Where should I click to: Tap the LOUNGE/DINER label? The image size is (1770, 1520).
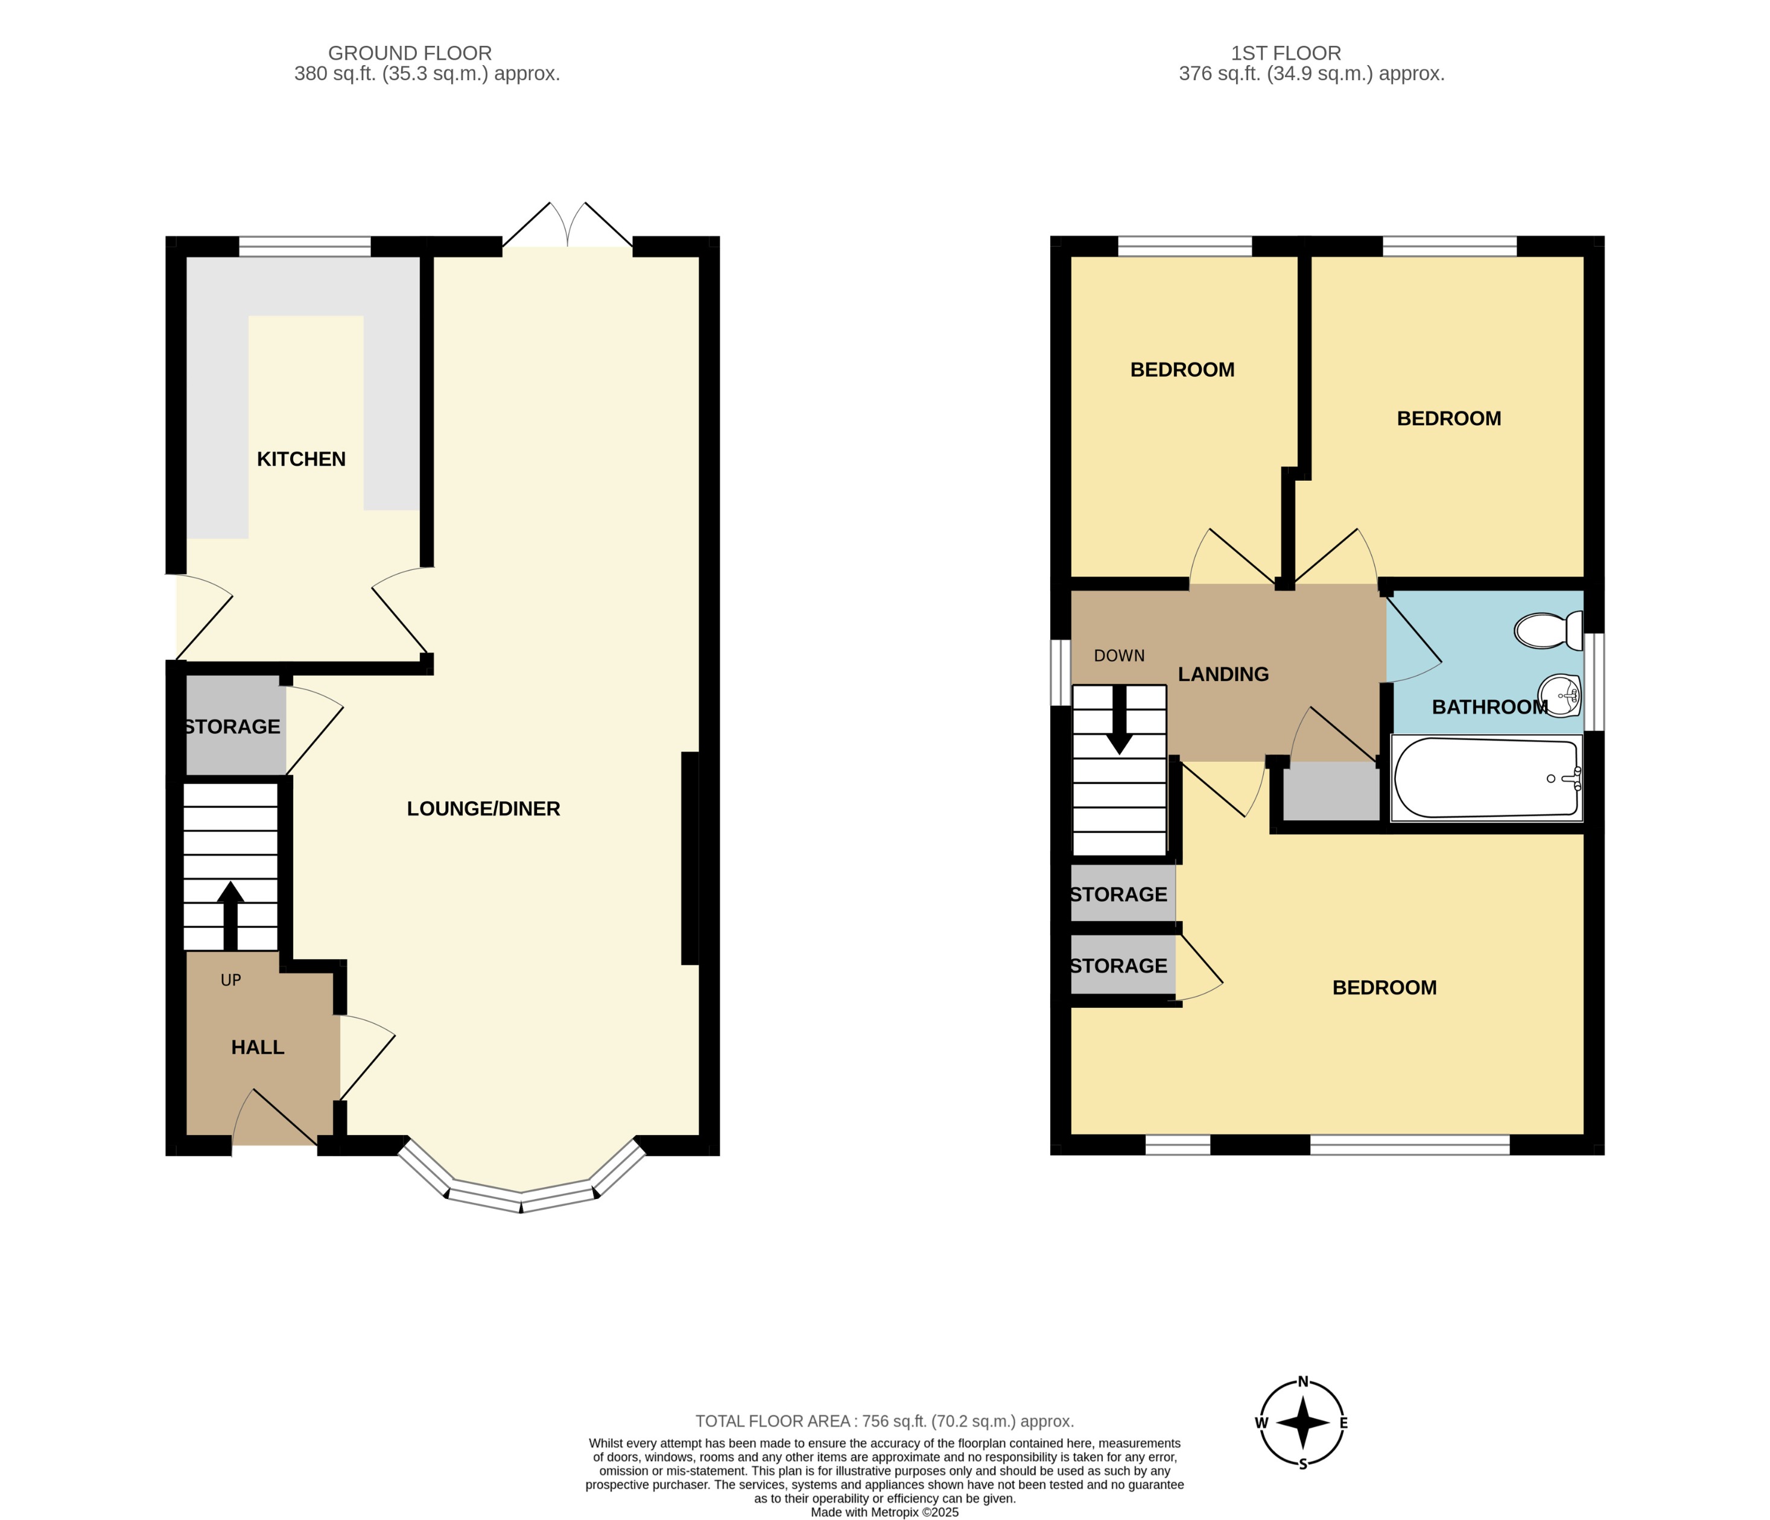click(x=483, y=809)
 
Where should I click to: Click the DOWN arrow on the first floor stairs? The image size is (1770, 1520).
click(x=1119, y=721)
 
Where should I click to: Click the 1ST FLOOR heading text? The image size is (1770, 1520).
click(x=1286, y=53)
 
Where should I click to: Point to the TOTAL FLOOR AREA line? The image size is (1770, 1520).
click(x=884, y=1422)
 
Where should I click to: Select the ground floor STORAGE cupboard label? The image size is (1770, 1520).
click(x=232, y=727)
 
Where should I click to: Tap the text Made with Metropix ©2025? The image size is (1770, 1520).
click(x=884, y=1512)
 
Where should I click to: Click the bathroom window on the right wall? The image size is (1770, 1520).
click(x=1594, y=682)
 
